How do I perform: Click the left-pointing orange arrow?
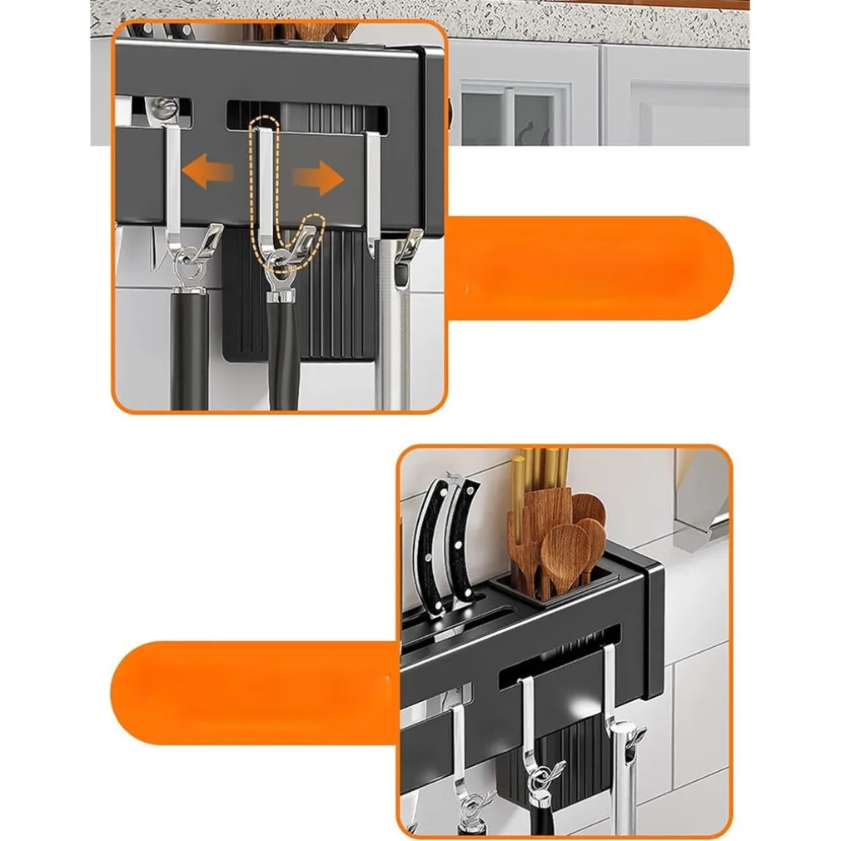[x=208, y=175]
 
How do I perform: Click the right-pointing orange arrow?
[x=318, y=177]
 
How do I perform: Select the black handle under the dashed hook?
[x=283, y=358]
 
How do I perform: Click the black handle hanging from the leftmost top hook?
[x=189, y=350]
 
